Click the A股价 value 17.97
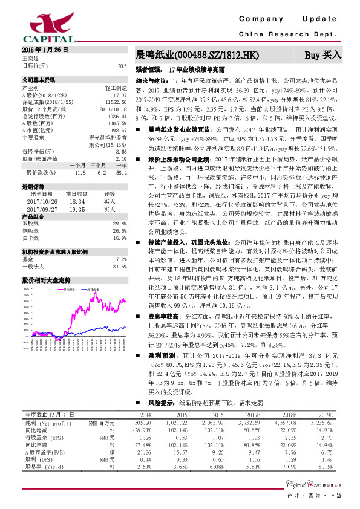119,96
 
